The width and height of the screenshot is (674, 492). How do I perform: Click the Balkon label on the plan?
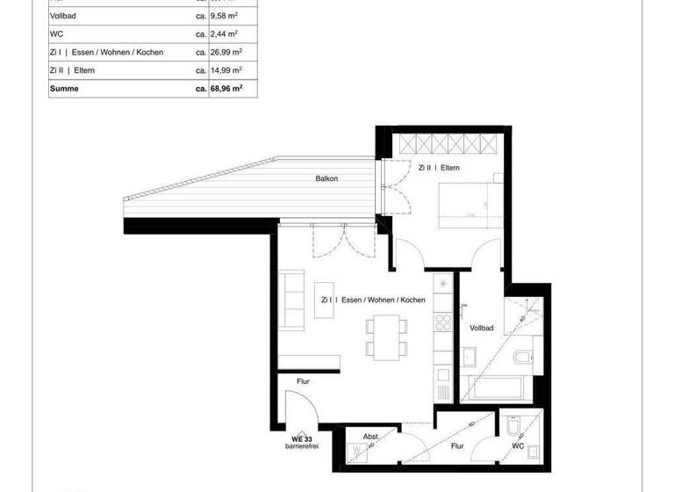click(326, 178)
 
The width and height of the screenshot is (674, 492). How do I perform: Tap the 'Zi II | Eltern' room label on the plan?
click(439, 167)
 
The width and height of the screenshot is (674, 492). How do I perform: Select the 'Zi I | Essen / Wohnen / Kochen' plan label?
click(374, 300)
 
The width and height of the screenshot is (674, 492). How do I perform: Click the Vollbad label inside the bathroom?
click(482, 328)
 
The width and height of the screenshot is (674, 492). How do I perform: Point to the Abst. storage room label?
click(371, 437)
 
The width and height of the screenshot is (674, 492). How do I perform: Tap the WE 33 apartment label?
click(303, 438)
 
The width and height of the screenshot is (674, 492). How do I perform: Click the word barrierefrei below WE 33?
click(303, 446)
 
